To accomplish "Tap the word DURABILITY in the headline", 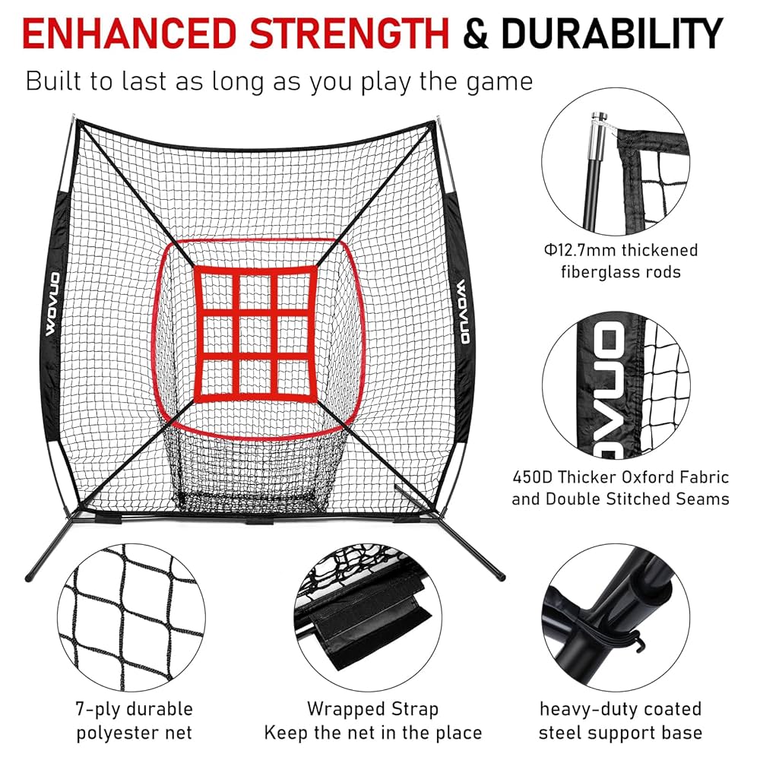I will click(611, 33).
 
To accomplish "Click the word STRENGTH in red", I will click(351, 33).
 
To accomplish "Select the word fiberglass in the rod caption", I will click(589, 272).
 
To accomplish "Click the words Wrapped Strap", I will click(372, 709).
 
